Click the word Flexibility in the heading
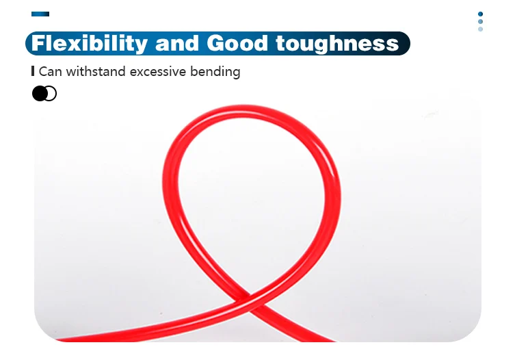coord(90,44)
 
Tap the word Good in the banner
coord(237,43)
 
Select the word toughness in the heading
coord(337,44)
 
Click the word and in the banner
coord(177,43)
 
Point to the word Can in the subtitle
coord(50,72)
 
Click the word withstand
coord(96,71)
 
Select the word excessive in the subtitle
coord(158,72)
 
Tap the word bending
coord(215,72)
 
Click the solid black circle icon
coord(40,94)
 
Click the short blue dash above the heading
coord(40,14)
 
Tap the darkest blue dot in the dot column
coord(481,14)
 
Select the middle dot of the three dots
coord(481,22)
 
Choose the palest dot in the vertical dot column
coord(481,29)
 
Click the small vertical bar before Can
coord(33,71)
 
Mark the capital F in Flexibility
coord(39,43)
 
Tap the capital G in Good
coord(215,43)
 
